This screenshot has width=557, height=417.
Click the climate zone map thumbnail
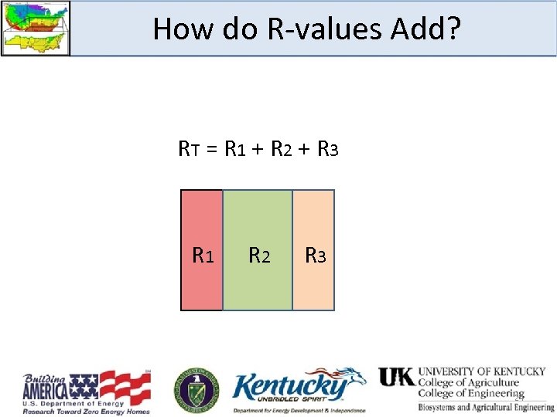pos(36,28)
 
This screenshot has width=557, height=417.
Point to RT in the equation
pos(189,147)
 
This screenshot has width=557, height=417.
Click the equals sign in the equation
pos(212,147)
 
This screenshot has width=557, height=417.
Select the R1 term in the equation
pos(235,147)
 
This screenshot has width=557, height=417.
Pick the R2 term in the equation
pos(282,147)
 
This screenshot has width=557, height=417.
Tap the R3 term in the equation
pos(327,147)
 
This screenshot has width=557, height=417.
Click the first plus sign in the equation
pos(258,147)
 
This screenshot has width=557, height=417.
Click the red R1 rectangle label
pos(203,255)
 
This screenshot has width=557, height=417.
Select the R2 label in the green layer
pos(258,255)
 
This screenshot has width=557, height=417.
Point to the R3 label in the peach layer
pos(315,255)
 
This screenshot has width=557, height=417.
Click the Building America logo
pos(85,392)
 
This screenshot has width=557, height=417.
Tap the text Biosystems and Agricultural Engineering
pos(486,406)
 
